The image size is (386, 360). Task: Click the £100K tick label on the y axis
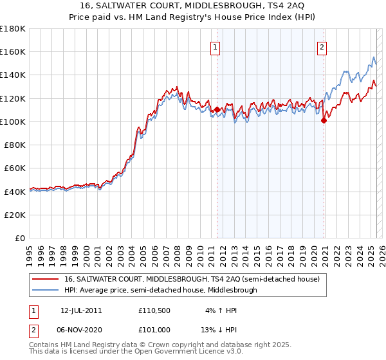coord(13,122)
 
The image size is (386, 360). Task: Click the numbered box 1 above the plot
coord(214,46)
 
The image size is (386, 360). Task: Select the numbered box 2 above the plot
coord(321,46)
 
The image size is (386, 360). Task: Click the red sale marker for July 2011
coord(217,109)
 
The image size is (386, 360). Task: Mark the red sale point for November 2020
coord(323,120)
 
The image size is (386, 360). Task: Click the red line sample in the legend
coord(46,279)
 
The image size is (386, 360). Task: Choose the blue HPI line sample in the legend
coord(46,290)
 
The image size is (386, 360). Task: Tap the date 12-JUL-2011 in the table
coord(81,310)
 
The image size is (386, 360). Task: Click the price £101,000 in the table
coord(154,330)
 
